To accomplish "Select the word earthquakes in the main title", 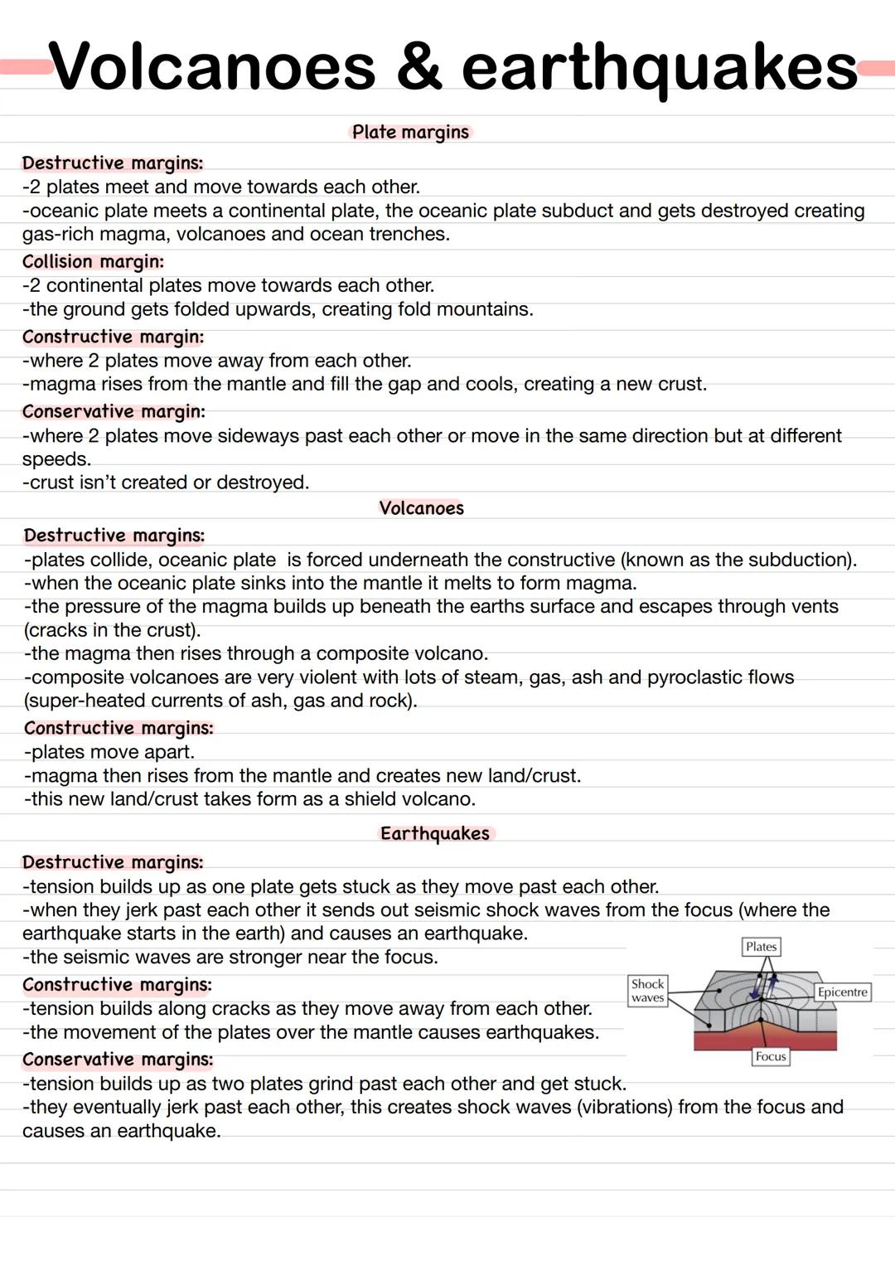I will (659, 68).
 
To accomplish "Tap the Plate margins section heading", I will (410, 132).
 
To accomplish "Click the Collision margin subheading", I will (93, 262).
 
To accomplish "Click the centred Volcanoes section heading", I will (421, 508).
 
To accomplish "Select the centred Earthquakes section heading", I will (435, 833).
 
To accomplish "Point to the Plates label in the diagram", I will (761, 947).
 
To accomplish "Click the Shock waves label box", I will (647, 991).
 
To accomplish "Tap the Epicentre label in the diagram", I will (842, 992).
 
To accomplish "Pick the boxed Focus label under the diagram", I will (770, 1056).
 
